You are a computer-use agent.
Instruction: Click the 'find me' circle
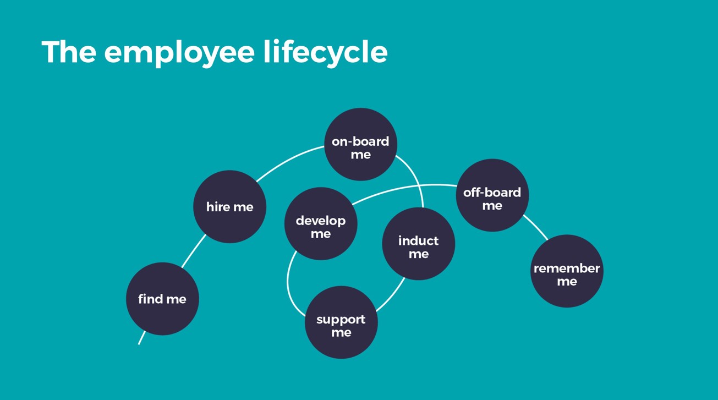pos(162,299)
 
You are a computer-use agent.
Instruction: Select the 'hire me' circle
pos(229,207)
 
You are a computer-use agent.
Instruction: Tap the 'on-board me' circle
pos(360,144)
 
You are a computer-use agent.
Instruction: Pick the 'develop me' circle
pos(321,223)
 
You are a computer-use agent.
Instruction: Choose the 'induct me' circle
pos(418,244)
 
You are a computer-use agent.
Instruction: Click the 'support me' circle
pos(341,322)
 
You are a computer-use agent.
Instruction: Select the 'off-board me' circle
pos(492,195)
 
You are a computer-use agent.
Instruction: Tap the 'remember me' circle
pos(567,271)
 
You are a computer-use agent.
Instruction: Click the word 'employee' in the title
pos(179,52)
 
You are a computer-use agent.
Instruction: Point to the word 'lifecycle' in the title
pos(325,52)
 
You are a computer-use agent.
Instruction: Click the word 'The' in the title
pos(69,52)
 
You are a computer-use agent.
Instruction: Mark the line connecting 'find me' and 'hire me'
pos(193,252)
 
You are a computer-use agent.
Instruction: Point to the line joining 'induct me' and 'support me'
pos(392,297)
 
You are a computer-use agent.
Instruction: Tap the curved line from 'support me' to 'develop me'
pos(288,284)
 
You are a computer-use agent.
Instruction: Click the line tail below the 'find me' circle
pos(141,338)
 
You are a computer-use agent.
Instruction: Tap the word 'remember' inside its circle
pos(567,269)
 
